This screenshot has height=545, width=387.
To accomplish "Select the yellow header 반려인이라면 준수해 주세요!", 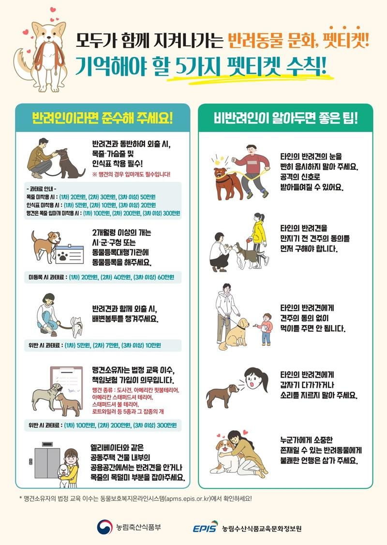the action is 102,118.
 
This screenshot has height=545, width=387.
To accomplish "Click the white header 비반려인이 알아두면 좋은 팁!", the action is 285,118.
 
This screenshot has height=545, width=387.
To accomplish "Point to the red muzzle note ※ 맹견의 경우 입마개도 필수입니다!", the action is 131,174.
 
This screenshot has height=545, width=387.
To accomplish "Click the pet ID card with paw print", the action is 70,255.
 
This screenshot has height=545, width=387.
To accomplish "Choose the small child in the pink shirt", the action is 265,329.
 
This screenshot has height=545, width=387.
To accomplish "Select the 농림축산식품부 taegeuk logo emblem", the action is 104,527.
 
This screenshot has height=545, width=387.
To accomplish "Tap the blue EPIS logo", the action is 205,527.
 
